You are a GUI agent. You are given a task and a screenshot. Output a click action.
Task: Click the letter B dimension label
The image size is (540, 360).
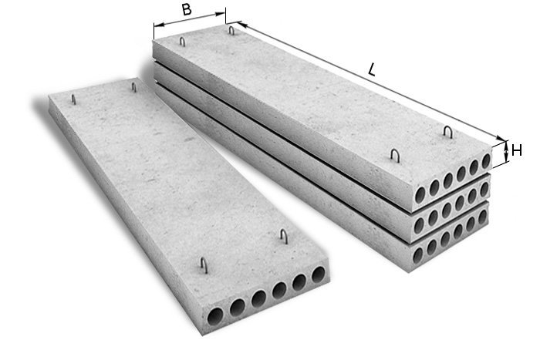point(187,9)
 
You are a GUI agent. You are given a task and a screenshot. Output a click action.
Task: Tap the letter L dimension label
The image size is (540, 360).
point(371,70)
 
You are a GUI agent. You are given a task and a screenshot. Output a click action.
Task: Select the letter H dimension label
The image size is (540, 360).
point(517,150)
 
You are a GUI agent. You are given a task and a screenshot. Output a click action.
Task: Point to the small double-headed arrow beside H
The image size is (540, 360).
point(506,151)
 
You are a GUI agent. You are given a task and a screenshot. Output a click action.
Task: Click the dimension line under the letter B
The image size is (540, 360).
point(190,19)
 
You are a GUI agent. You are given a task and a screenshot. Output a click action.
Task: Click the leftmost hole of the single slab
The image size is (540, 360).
point(215,316)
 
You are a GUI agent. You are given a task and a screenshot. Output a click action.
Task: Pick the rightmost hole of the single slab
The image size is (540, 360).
point(319,274)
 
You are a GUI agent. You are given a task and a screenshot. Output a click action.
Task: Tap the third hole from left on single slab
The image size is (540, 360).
point(258,298)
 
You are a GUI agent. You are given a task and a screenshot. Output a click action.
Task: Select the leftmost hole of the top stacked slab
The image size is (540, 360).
point(420,195)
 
